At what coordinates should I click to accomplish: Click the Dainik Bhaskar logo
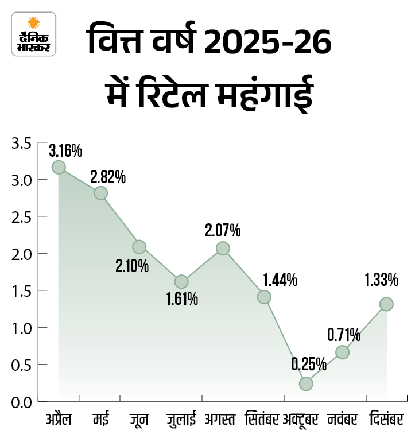[x=34, y=34]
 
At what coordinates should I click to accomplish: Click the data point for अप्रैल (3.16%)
[x=59, y=167]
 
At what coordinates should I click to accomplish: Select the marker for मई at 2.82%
[x=100, y=193]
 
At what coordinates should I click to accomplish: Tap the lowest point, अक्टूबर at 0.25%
[x=306, y=383]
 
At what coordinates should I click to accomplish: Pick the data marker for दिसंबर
[x=386, y=304]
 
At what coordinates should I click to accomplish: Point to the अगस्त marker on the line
[x=223, y=248]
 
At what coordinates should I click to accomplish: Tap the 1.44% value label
[x=280, y=280]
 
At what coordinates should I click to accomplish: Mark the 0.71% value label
[x=344, y=334]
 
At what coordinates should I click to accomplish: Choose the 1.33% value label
[x=381, y=280]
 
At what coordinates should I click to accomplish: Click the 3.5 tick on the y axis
[x=21, y=143]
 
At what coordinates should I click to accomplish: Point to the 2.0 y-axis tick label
[x=21, y=254]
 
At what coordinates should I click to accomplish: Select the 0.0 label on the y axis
[x=21, y=401]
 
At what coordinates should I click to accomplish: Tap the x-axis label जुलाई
[x=181, y=420]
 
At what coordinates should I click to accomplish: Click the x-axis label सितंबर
[x=262, y=420]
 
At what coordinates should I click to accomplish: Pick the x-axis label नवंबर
[x=344, y=420]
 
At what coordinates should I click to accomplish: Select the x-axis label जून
[x=139, y=420]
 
